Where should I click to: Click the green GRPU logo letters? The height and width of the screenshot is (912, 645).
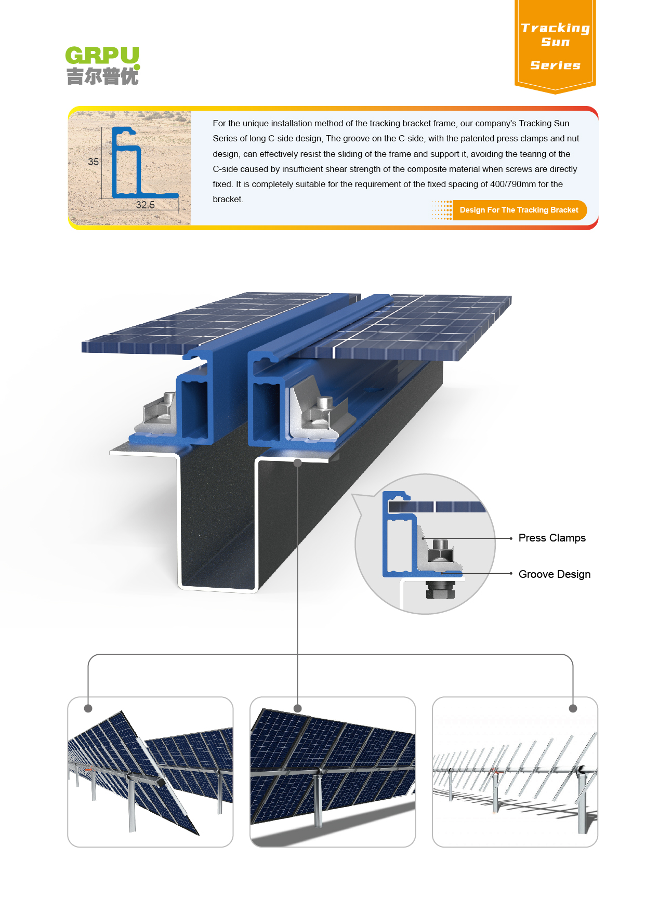click(x=102, y=55)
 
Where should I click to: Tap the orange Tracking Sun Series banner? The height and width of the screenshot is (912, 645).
click(x=555, y=46)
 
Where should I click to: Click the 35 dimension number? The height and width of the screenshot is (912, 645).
click(x=93, y=162)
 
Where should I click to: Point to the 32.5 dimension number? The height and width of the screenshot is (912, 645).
click(x=145, y=205)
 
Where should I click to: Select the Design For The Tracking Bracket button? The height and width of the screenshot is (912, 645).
click(x=519, y=210)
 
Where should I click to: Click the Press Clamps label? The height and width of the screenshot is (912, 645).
click(x=552, y=538)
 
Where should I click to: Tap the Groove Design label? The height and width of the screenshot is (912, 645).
click(x=555, y=574)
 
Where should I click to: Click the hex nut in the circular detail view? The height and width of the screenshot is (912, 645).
click(x=441, y=550)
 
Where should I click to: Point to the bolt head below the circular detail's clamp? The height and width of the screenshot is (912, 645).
click(x=440, y=590)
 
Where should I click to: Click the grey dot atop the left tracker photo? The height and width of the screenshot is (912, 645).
click(x=88, y=708)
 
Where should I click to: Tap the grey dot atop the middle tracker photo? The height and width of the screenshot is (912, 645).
click(x=298, y=708)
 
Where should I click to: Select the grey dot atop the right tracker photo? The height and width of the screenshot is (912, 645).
click(x=573, y=708)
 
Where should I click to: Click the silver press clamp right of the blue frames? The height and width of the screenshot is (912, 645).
click(x=317, y=411)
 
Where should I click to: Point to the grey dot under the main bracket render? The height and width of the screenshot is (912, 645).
click(x=298, y=462)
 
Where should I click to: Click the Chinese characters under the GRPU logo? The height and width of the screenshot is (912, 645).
click(x=102, y=76)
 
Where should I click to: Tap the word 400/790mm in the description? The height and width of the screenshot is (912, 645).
click(x=512, y=184)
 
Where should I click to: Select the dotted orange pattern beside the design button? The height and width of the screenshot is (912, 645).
click(x=442, y=210)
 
